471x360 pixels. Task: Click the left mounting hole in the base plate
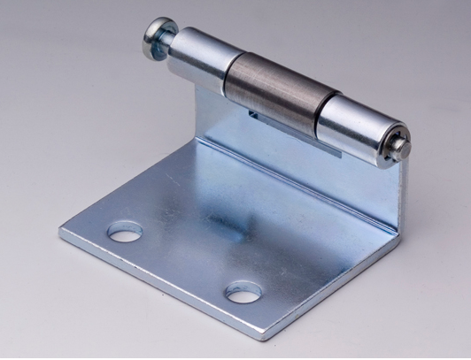pyautogui.click(x=125, y=234)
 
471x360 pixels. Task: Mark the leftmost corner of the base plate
pyautogui.click(x=62, y=232)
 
